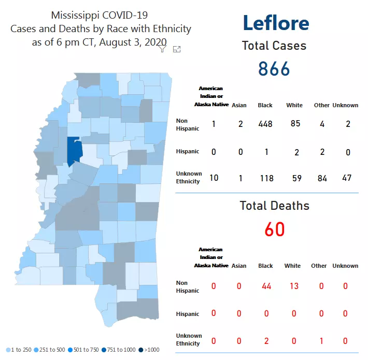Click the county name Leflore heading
point(276,23)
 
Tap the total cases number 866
point(274,69)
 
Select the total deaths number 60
point(275,229)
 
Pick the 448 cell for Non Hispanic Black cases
point(265,124)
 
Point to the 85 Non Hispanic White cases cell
point(295,124)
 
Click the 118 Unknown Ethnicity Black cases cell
point(265,178)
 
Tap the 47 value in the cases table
point(347,178)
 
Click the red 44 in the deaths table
point(266,286)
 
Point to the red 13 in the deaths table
point(293,286)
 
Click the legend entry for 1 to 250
point(21,350)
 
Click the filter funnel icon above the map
point(162,49)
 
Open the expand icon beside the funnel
point(177,49)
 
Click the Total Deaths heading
point(274,206)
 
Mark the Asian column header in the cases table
point(239,105)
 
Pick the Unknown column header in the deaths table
point(345,266)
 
